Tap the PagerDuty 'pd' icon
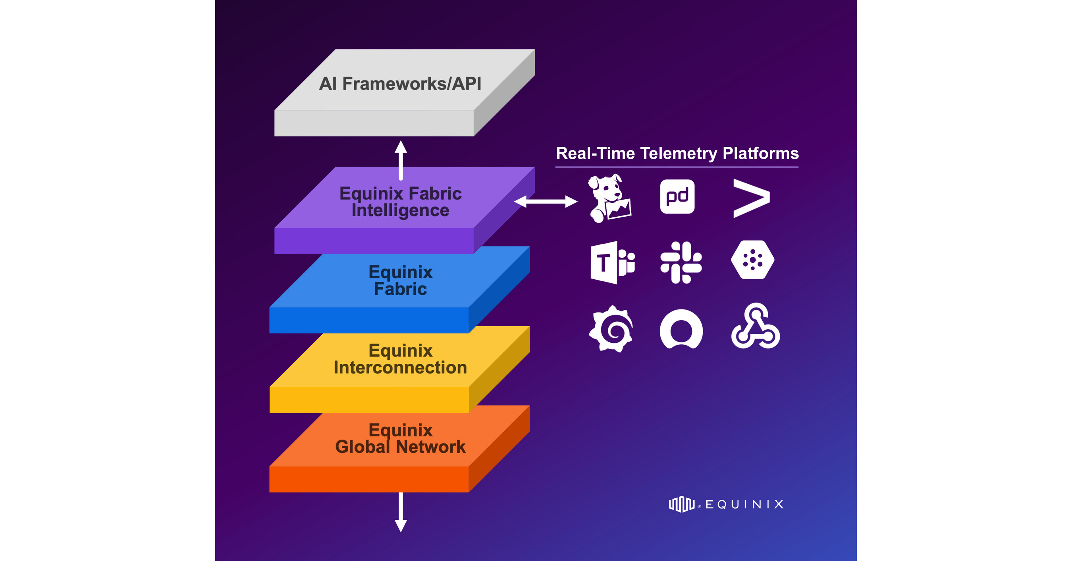677,197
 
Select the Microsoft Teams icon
612,262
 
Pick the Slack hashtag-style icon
681,262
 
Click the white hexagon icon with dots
752,260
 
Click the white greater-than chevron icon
751,198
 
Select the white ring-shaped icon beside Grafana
681,329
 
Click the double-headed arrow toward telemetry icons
546,202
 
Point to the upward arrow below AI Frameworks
401,160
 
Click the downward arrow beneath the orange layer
401,512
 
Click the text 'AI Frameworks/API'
400,84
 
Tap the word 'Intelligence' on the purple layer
400,210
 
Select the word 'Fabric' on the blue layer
400,289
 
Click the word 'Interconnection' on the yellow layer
400,368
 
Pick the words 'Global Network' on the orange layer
400,447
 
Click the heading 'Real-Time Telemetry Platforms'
677,154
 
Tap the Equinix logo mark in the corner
681,504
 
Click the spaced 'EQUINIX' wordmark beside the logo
744,504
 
